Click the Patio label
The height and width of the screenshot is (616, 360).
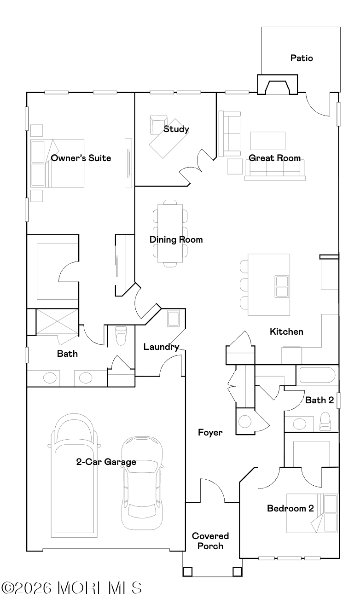point(302,58)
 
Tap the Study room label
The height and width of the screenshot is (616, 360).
point(176,129)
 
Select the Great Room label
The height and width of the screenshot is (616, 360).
point(274,158)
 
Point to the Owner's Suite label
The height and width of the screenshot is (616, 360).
point(81,158)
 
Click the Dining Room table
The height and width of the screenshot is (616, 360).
point(170,233)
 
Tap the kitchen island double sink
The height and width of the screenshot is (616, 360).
point(282,286)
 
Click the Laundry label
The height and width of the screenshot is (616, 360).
point(162,347)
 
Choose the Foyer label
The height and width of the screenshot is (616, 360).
point(210,433)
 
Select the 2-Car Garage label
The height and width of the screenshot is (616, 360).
point(106,462)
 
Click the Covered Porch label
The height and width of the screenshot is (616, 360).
point(210,540)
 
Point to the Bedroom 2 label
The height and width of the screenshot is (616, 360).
point(290,508)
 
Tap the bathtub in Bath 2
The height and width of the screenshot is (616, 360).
point(317,375)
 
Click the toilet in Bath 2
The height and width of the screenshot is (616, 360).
point(325,421)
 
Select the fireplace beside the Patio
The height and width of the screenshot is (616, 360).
point(277,84)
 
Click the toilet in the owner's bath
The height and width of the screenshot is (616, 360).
point(121,336)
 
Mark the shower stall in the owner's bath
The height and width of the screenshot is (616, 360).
point(57,322)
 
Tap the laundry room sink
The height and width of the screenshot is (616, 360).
point(173,319)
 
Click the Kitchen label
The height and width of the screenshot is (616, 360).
point(286,331)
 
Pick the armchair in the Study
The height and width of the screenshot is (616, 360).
point(158,125)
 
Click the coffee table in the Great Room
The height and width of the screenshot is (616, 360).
point(267,141)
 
